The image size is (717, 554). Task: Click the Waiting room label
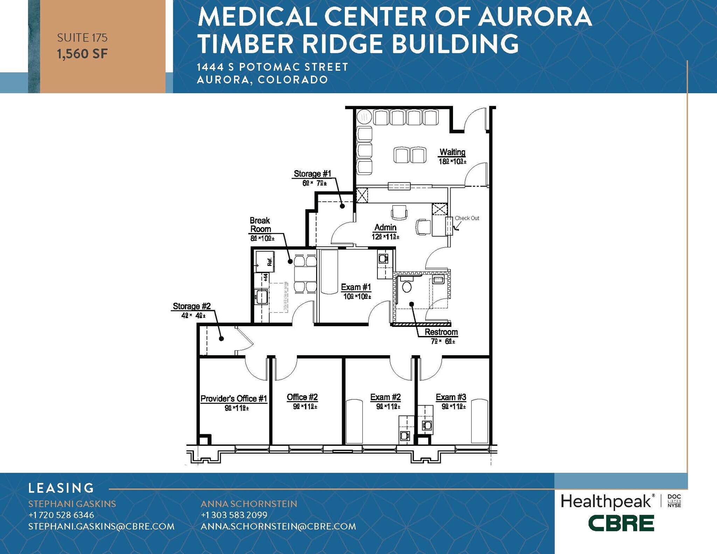(452, 152)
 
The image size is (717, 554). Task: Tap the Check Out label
(467, 218)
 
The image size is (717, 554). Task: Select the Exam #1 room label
(356, 287)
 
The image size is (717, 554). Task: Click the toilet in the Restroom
(406, 286)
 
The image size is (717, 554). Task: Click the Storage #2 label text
(192, 306)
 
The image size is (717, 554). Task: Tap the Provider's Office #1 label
(234, 399)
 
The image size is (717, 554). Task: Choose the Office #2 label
(302, 397)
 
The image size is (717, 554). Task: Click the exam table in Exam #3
(479, 421)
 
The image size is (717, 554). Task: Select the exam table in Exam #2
(354, 421)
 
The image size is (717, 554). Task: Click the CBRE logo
(621, 523)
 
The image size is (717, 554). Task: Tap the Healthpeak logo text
(606, 502)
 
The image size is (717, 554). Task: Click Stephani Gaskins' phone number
(61, 515)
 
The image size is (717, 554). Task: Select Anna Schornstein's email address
(278, 526)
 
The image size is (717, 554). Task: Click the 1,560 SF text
(82, 54)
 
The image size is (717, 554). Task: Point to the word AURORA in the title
(535, 16)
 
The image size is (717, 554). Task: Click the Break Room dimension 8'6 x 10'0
(262, 239)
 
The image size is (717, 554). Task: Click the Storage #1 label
(312, 174)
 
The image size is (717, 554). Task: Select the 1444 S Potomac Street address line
(272, 67)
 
